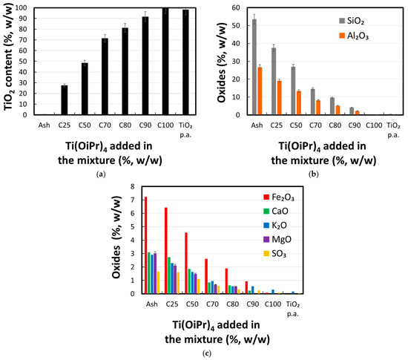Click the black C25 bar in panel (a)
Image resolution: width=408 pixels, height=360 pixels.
[x=65, y=100]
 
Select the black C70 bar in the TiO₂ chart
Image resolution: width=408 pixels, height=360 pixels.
[x=105, y=76]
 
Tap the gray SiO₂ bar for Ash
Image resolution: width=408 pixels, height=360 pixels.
[x=254, y=67]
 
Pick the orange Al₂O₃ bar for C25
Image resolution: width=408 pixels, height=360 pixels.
[x=280, y=98]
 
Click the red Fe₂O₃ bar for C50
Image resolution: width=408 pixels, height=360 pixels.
[x=186, y=264]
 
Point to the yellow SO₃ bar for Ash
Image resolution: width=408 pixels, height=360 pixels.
[x=158, y=283]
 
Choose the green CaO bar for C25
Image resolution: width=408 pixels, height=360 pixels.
[x=169, y=275]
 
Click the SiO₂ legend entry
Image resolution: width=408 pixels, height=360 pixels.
[x=352, y=21]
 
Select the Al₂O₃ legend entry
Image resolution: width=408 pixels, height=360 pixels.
[x=354, y=36]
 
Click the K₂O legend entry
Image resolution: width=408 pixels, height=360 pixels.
[x=275, y=225]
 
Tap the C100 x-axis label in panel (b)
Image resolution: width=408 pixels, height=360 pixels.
[x=374, y=125]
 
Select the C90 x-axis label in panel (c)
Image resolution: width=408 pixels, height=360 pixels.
[x=253, y=304]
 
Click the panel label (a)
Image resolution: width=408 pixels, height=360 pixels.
[x=101, y=174]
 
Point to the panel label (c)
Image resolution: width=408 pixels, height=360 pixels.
[x=207, y=353]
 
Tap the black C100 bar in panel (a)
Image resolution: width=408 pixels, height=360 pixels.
[x=165, y=62]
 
